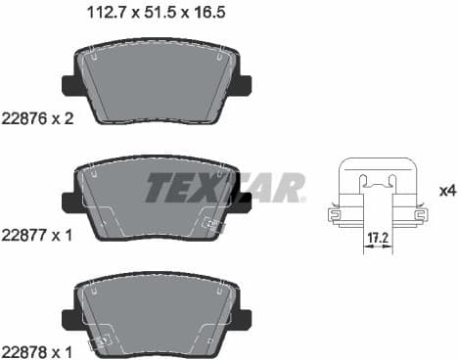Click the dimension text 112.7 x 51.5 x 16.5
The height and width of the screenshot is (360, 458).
(x=160, y=15)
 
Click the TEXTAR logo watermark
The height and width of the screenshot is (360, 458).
(x=225, y=187)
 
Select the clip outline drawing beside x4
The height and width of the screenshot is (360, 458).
(x=377, y=196)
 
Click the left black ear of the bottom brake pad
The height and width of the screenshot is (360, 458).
(x=69, y=315)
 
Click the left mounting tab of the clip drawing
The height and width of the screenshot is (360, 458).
(x=335, y=211)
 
